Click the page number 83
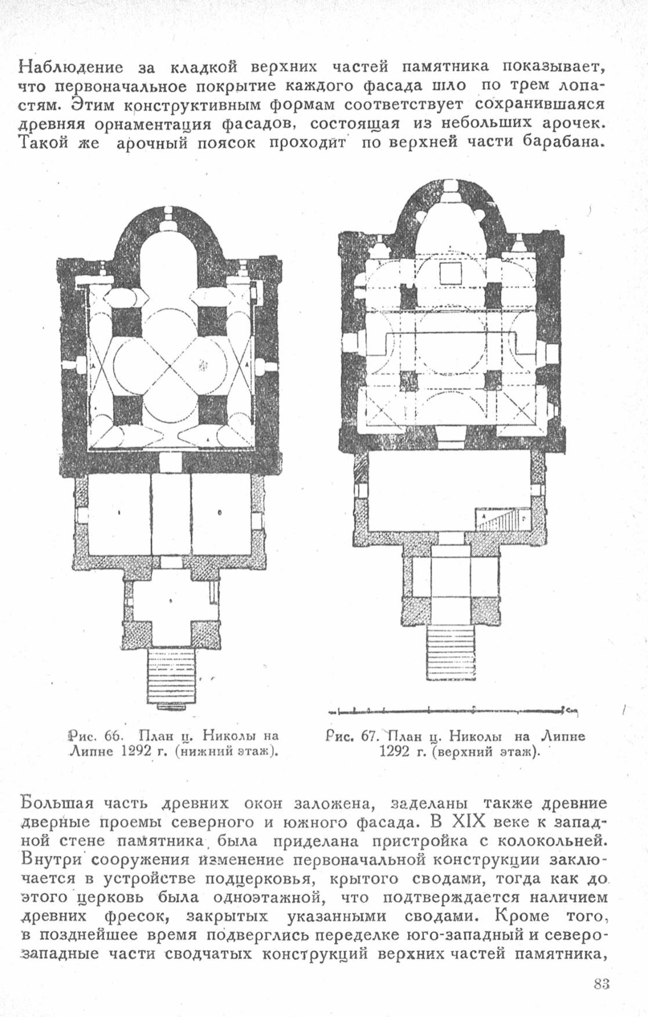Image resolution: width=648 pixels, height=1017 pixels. (x=601, y=983)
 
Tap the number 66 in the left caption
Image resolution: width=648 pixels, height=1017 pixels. (x=111, y=736)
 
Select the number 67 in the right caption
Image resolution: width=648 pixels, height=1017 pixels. (x=369, y=735)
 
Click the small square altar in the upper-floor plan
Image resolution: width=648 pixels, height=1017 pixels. (x=451, y=272)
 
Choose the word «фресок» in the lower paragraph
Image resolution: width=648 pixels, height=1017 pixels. (x=144, y=916)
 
